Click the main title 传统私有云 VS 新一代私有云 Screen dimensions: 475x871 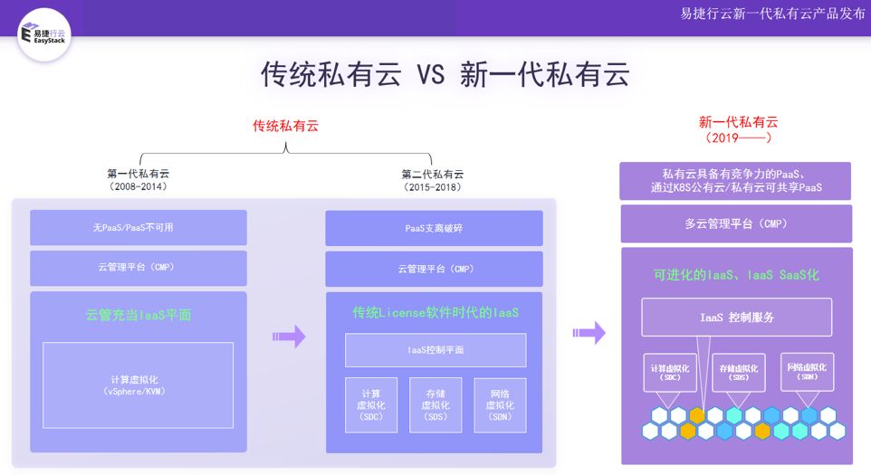445,74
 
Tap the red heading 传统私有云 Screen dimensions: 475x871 285,126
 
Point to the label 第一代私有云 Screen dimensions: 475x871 138,173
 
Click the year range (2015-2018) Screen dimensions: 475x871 432,187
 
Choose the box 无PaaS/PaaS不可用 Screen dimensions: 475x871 139,228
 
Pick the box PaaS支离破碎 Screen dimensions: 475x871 434,228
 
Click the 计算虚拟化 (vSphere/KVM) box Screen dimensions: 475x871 138,385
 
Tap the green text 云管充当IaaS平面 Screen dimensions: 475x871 139,316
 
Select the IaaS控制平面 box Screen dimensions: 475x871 435,350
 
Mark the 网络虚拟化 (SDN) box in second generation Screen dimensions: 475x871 500,404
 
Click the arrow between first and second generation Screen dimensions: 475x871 288,337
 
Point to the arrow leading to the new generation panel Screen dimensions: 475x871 589,333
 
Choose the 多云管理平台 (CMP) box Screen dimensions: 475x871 735,223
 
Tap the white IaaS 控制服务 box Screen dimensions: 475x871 736,318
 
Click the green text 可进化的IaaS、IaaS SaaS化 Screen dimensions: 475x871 736,274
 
